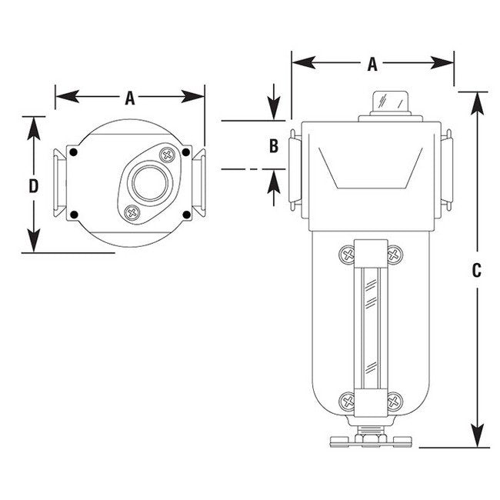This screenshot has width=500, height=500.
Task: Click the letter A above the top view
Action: pos(130,97)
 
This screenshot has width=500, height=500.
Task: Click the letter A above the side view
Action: pos(372,65)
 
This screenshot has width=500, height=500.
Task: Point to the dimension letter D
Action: pos(33,185)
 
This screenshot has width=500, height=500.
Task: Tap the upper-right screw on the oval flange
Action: pos(166,155)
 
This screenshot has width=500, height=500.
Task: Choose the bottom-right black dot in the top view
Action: pos(185,214)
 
